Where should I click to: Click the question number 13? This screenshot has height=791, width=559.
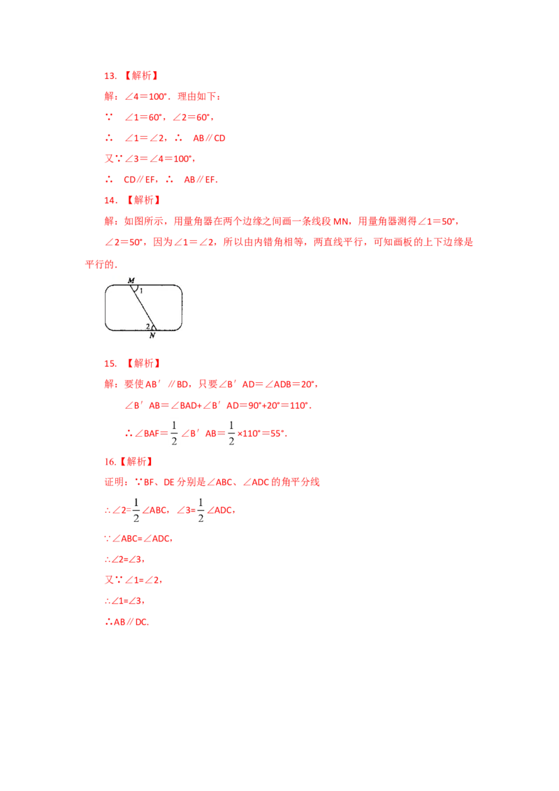(x=110, y=75)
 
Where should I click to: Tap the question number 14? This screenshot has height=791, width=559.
(x=110, y=201)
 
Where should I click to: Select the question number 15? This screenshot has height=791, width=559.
(x=110, y=364)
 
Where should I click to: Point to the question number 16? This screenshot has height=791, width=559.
(x=110, y=462)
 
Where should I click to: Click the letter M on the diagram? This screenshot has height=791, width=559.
(x=131, y=280)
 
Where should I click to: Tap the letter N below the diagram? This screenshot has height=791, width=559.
(x=152, y=335)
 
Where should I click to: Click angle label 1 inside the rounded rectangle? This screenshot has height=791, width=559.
(x=141, y=291)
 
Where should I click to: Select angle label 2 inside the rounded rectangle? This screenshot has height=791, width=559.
(x=147, y=326)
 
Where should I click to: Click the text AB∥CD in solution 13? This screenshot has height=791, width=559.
(x=209, y=138)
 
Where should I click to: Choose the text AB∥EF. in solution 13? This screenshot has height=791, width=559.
(x=201, y=180)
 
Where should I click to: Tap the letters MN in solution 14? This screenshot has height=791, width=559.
(x=340, y=222)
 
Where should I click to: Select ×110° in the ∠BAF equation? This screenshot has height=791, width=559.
(x=248, y=433)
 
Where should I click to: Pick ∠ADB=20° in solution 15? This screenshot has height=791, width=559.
(x=290, y=384)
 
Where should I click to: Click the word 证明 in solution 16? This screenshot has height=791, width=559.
(x=115, y=482)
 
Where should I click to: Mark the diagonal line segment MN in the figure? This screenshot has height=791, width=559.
(x=143, y=307)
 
